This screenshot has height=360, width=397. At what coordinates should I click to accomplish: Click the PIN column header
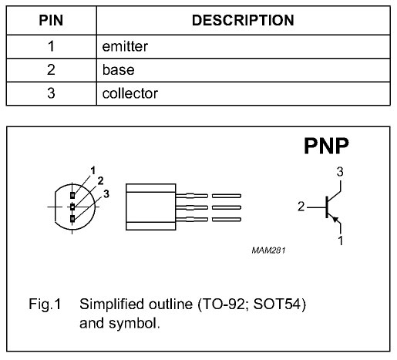pos(51,20)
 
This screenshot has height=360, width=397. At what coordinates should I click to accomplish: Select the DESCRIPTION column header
pos(243,20)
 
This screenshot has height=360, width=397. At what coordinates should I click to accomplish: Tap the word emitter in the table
pos(125,46)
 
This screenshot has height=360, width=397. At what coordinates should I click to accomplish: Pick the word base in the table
pos(118,70)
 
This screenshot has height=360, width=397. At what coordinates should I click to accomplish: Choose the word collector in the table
pos(130,93)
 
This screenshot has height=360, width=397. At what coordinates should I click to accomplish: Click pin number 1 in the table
pos(51,46)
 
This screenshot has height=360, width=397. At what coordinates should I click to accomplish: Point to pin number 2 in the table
pos(51,70)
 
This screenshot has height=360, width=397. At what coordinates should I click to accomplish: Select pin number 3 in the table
pos(51,93)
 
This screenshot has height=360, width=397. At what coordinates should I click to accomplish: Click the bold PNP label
pos(326,146)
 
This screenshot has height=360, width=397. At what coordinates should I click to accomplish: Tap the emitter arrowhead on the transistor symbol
pos(335,219)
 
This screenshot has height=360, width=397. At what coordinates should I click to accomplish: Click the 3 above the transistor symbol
pos(340,172)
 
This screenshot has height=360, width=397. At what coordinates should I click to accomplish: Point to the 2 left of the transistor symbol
pos(301,207)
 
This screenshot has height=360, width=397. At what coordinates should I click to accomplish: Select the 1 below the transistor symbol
pos(341,241)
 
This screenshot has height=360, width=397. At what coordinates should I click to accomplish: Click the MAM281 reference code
pos(268,251)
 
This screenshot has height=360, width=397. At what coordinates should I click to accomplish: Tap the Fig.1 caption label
pos(45,304)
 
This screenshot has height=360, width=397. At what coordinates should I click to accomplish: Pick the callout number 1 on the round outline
pos(93,170)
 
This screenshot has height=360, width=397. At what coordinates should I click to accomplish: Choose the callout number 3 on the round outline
pos(106,194)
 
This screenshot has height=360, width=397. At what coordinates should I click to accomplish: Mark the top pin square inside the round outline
pos(72,195)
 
